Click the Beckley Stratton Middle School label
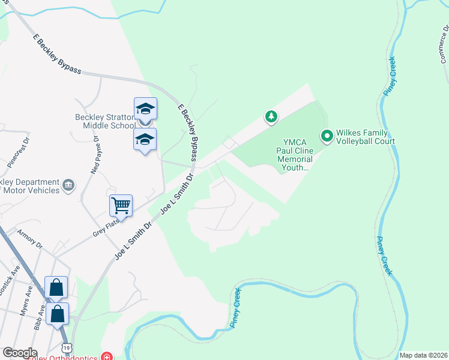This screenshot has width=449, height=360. [x=105, y=121]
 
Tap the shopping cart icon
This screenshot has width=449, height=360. [x=121, y=206]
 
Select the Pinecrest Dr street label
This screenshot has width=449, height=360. [x=18, y=155]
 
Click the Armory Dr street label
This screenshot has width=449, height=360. [x=30, y=239]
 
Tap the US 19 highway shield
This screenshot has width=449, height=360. [x=66, y=348]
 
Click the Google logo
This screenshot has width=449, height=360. [x=19, y=353]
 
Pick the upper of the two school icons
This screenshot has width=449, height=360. [x=145, y=109]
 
